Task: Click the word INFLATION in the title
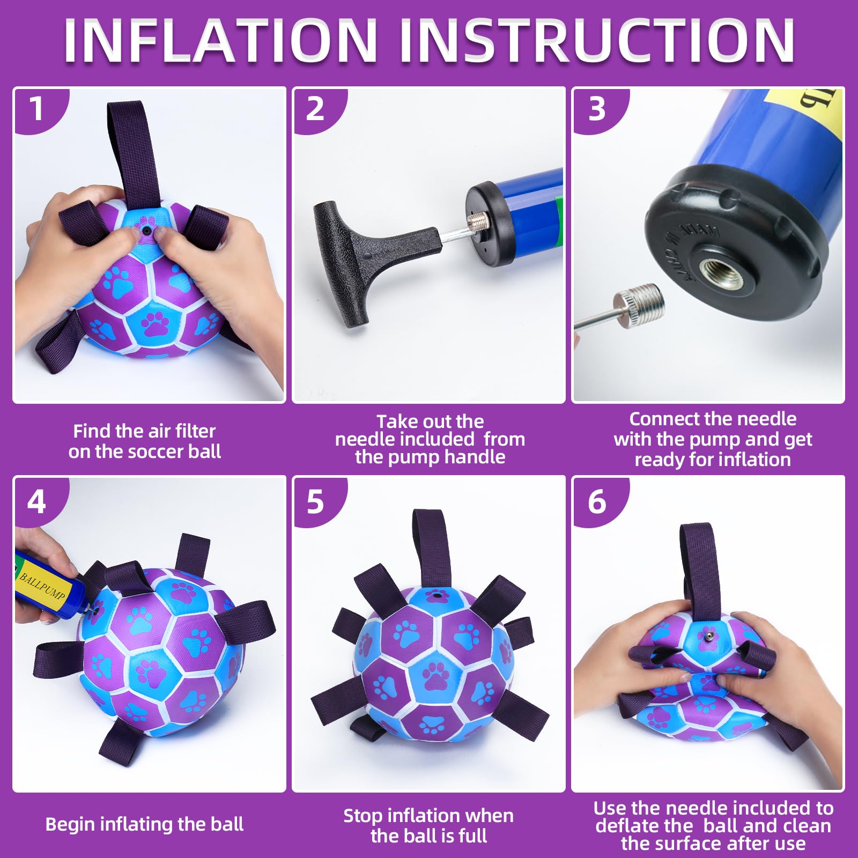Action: (x=220, y=41)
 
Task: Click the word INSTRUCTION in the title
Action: (x=597, y=41)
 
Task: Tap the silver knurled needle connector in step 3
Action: (x=639, y=306)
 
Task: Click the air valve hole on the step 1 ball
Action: (x=146, y=231)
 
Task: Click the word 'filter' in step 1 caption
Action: (x=190, y=431)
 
